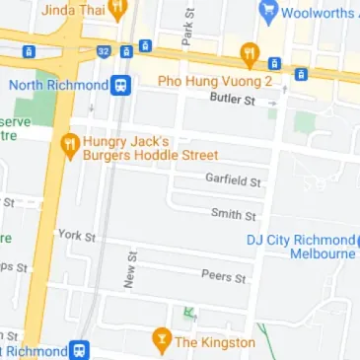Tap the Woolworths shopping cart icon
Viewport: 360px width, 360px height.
click(266, 13)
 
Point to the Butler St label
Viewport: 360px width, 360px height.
click(233, 100)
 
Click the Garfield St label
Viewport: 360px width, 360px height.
click(233, 180)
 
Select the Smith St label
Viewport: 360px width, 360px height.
click(234, 214)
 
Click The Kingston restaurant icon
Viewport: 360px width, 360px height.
click(161, 342)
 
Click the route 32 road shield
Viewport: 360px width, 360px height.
click(103, 48)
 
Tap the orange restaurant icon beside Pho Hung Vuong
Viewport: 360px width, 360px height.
click(250, 52)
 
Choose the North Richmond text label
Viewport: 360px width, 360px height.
click(56, 85)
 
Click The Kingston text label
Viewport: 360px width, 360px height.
click(215, 342)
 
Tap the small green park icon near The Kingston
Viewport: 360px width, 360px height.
click(187, 314)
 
